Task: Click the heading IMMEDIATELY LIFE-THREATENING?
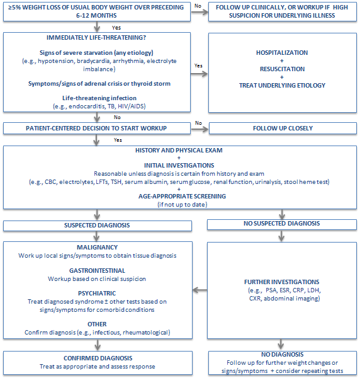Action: click(x=96, y=38)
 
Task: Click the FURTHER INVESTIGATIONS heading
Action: click(x=280, y=282)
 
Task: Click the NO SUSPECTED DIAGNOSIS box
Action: click(x=281, y=224)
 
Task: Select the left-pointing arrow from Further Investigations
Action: click(x=199, y=290)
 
